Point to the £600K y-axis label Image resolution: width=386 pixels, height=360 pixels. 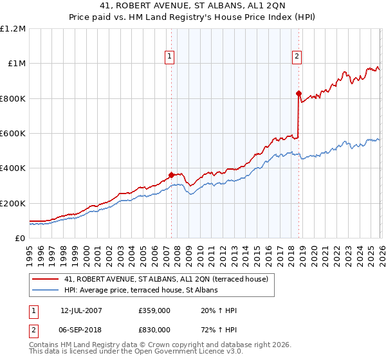click(x=14, y=134)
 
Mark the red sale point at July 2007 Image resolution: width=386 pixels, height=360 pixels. click(x=171, y=175)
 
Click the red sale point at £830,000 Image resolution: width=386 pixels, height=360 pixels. click(x=299, y=93)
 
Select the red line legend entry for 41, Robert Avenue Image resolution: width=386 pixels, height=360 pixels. click(x=170, y=279)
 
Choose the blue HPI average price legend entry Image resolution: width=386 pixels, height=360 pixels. click(x=141, y=291)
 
